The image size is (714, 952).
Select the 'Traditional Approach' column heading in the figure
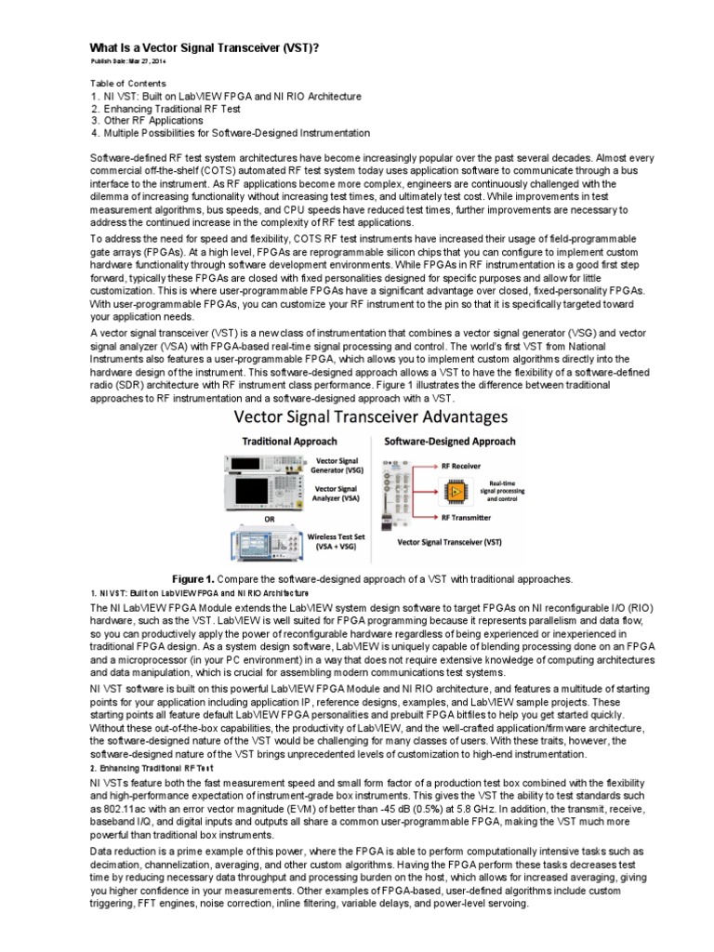coord(289,441)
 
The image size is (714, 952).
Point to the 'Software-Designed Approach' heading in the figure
coord(446,441)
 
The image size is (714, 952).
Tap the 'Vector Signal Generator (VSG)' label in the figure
coord(339,466)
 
